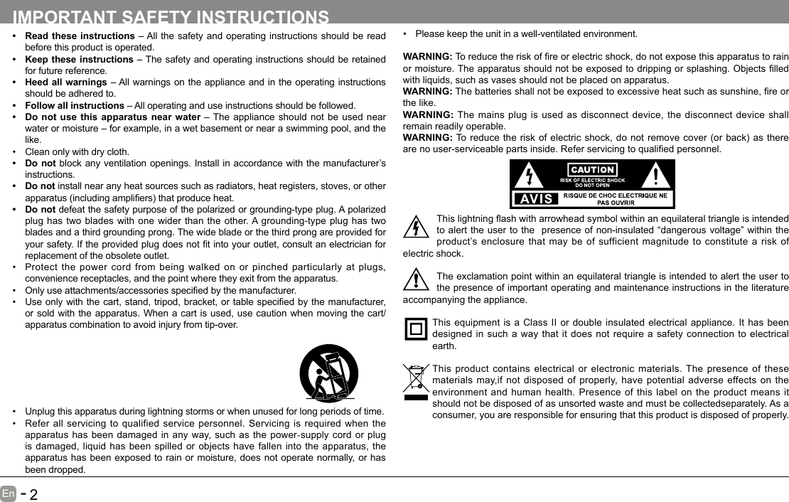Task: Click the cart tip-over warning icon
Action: [328, 373]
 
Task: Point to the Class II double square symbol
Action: [416, 330]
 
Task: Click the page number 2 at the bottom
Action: [33, 494]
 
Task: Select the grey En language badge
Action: [8, 493]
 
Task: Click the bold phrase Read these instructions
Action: [80, 36]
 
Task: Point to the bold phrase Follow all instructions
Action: [75, 105]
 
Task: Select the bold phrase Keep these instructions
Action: [79, 59]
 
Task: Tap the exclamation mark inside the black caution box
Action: [655, 175]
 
